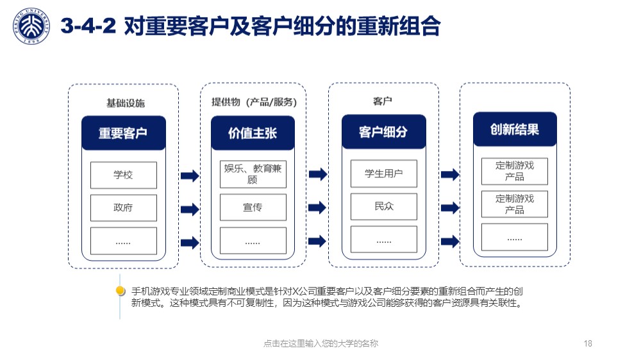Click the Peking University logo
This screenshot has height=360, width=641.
(x=31, y=26)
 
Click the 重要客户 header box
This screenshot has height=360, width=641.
(x=124, y=133)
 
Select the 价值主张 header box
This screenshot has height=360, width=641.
(x=253, y=133)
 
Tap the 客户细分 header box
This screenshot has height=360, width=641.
(x=383, y=131)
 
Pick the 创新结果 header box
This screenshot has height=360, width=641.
(x=515, y=129)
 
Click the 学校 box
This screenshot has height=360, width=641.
(x=124, y=175)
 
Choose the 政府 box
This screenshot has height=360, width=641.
(x=124, y=208)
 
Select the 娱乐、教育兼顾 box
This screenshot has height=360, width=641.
(x=253, y=174)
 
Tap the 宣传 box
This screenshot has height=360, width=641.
(x=253, y=207)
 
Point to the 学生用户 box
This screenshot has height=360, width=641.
(x=384, y=174)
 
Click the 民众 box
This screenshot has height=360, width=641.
(x=384, y=206)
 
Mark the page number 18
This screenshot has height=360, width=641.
(x=588, y=343)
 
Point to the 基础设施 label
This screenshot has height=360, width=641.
(x=126, y=103)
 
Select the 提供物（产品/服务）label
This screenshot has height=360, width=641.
(x=254, y=102)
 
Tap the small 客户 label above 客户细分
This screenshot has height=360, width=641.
(x=383, y=101)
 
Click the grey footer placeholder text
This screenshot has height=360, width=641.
(x=321, y=343)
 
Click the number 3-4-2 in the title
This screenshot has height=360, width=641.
(x=88, y=26)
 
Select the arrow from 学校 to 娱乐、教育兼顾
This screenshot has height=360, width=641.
(x=190, y=176)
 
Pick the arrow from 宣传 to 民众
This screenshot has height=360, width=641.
(x=318, y=208)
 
